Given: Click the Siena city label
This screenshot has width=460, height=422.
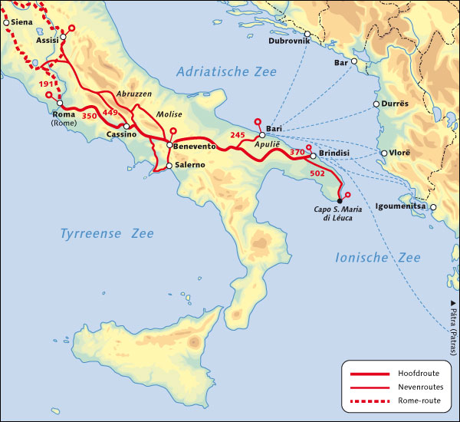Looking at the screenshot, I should pyautogui.click(x=22, y=22).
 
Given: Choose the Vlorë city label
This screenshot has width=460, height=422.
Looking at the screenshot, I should pyautogui.click(x=401, y=153).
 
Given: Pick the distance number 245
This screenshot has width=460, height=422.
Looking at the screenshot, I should pyautogui.click(x=237, y=135).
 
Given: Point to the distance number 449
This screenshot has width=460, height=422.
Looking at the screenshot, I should pyautogui.click(x=110, y=113).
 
